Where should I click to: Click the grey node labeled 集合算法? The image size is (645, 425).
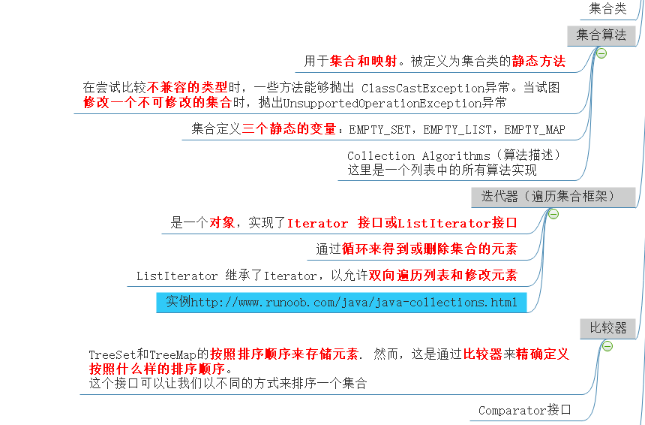click(601, 35)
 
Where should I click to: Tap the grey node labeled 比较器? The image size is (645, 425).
click(607, 328)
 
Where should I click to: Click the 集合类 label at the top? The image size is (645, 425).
click(607, 9)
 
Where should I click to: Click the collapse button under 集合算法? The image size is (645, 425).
click(601, 53)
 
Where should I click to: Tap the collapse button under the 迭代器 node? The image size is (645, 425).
click(553, 214)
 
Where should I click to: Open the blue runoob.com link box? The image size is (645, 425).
click(341, 303)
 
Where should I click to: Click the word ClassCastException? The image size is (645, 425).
click(423, 89)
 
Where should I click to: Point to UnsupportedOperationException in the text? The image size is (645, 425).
click(382, 103)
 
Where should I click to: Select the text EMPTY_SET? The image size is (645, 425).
click(379, 130)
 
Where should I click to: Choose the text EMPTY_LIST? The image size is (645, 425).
click(457, 130)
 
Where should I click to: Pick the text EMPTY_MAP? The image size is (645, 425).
click(535, 130)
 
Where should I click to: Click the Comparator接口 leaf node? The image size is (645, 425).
click(524, 410)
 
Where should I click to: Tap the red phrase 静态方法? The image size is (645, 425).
click(538, 62)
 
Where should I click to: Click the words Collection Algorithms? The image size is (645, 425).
click(418, 156)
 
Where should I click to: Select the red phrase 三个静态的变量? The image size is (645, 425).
click(289, 129)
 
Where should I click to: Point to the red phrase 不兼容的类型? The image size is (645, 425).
click(187, 87)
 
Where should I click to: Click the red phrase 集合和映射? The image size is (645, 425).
click(363, 62)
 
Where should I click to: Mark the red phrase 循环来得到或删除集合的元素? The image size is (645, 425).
click(429, 249)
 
